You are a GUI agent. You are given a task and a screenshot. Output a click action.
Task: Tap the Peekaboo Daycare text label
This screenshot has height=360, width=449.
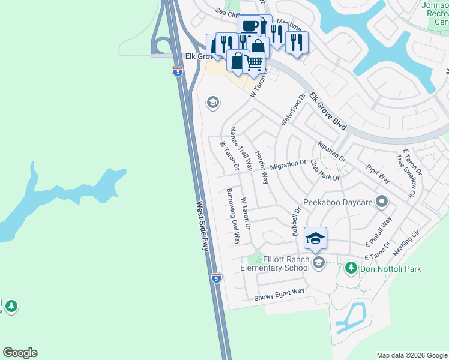[x=339, y=202]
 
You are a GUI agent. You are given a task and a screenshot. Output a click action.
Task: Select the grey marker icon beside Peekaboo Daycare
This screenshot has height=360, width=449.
[x=381, y=202]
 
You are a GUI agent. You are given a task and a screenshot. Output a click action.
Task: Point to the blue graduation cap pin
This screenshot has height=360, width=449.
[x=315, y=239]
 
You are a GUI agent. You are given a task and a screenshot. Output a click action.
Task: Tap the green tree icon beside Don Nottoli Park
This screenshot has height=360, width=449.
[x=352, y=268]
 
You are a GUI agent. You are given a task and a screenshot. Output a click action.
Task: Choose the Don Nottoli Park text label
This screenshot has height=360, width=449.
[x=390, y=268]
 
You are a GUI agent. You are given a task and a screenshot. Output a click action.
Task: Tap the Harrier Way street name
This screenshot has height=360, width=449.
[x=262, y=166]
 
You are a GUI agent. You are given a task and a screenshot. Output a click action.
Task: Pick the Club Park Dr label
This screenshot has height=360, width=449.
[x=325, y=170]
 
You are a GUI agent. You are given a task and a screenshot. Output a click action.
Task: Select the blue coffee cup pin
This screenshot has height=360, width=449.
[x=250, y=26]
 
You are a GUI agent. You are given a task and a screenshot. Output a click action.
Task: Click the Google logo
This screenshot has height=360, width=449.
[x=20, y=353]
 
